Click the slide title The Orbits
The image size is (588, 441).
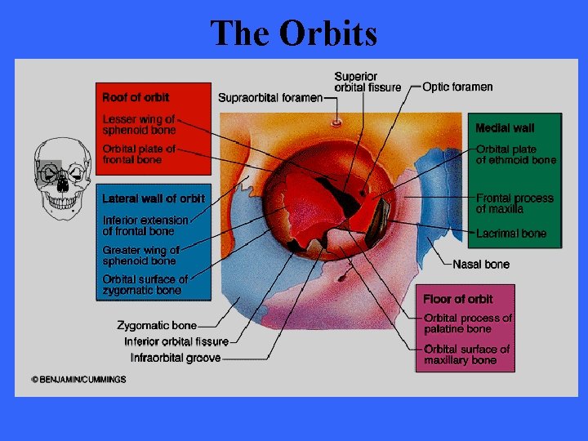(294, 33)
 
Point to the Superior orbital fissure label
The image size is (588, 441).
(367, 82)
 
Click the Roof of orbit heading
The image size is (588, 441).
(136, 98)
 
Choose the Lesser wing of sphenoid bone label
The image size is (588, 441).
(139, 124)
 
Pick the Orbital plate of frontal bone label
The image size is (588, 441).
(139, 154)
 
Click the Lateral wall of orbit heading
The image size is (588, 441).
(154, 198)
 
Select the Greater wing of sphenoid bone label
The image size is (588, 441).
(140, 256)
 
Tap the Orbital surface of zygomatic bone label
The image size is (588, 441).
(145, 285)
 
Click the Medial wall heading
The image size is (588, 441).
(505, 128)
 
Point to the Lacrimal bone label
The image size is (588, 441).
(511, 234)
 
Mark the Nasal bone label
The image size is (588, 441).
(481, 264)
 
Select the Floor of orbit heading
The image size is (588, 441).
(457, 299)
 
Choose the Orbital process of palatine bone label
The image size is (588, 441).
(468, 323)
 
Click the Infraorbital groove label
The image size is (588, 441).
(176, 358)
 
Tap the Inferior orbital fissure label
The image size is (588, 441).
(176, 341)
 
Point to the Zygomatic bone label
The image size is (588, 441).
(156, 325)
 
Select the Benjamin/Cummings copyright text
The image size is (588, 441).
(80, 380)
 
